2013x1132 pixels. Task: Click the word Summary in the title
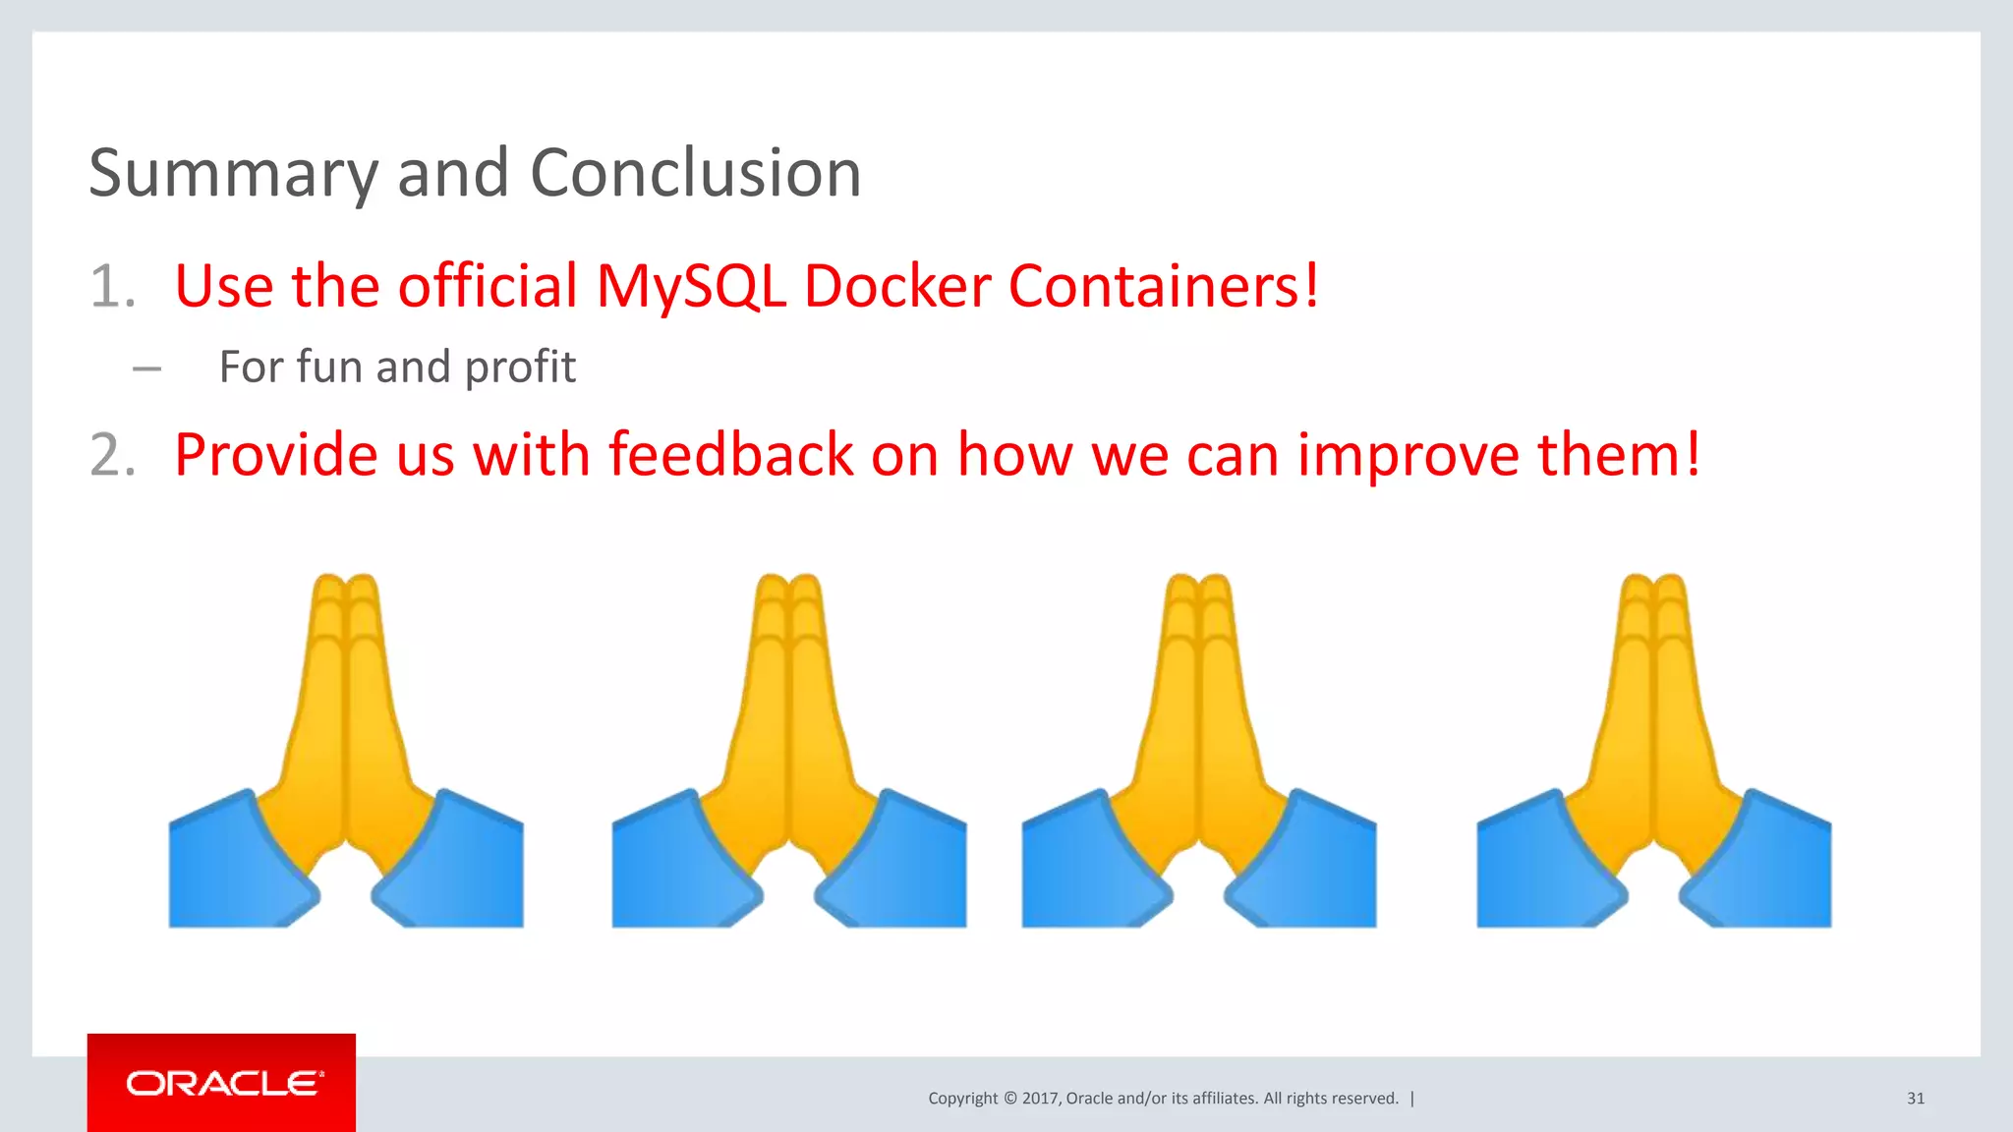tap(233, 174)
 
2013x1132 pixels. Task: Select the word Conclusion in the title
tap(695, 174)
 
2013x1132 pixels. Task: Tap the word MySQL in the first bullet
tap(691, 287)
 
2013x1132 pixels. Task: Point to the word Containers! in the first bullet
tap(1164, 287)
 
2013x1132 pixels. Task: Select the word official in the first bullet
tap(488, 287)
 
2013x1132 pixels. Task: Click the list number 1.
tap(111, 288)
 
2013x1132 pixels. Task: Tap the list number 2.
tap(111, 456)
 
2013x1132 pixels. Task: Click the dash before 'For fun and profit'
tap(146, 369)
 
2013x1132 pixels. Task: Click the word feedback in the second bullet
tap(731, 455)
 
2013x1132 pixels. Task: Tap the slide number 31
tap(1916, 1099)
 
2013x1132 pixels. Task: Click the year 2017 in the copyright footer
tap(1040, 1099)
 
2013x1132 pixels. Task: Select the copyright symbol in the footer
tap(1010, 1099)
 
